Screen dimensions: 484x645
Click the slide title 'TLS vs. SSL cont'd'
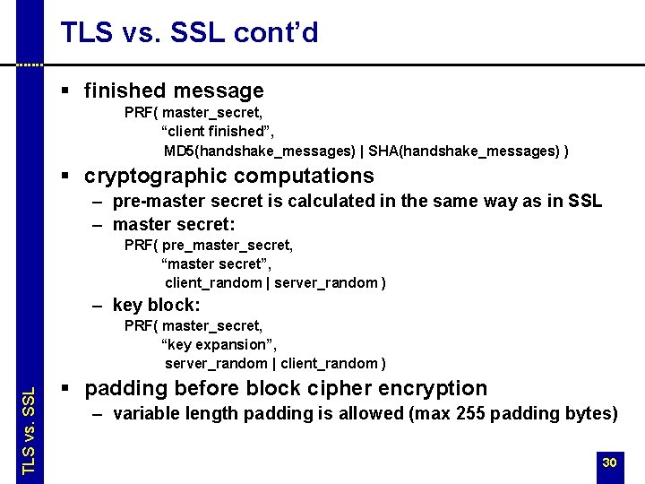coord(189,33)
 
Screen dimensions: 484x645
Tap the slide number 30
coord(609,462)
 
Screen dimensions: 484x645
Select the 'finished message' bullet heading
coord(174,91)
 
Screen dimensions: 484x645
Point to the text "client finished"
coord(209,132)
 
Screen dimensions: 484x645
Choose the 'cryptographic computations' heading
coord(228,176)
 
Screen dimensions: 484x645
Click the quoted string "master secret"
coord(216,264)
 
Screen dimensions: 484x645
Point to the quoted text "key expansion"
coord(219,344)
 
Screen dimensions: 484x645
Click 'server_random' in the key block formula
coord(216,363)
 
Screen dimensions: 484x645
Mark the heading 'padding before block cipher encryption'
coord(286,388)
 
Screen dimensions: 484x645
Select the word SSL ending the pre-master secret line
coord(585,201)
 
